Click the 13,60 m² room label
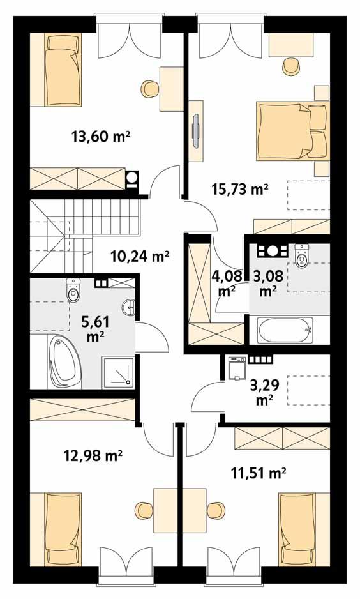101,135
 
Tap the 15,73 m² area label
239,189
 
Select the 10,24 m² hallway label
139,257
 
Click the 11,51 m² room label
257,473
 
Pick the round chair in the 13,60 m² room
149,87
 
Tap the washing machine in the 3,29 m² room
237,369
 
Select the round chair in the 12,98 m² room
141,509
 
